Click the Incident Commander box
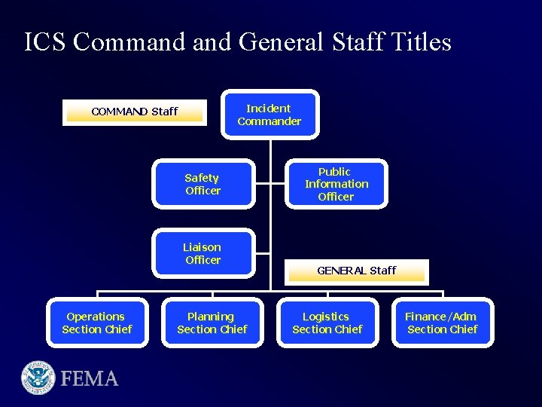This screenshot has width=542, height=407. click(269, 115)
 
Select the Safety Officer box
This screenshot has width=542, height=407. click(202, 184)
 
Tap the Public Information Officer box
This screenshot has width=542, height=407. click(336, 184)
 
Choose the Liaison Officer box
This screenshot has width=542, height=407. click(202, 253)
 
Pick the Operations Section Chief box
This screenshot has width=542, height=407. click(96, 323)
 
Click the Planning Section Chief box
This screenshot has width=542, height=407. click(212, 323)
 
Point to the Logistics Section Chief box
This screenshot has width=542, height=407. click(327, 323)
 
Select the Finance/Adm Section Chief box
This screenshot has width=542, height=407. click(442, 323)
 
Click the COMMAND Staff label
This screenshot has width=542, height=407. click(134, 112)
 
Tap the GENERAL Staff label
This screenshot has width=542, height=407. click(356, 271)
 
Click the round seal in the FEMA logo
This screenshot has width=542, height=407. click(38, 378)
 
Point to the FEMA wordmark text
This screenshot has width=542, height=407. click(90, 378)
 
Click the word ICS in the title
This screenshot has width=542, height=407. click(45, 41)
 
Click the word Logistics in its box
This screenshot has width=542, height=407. click(326, 317)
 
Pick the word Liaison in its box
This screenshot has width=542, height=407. click(202, 247)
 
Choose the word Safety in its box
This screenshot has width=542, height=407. click(202, 178)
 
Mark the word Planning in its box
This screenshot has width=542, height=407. click(211, 317)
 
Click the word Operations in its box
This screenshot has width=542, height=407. click(96, 317)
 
